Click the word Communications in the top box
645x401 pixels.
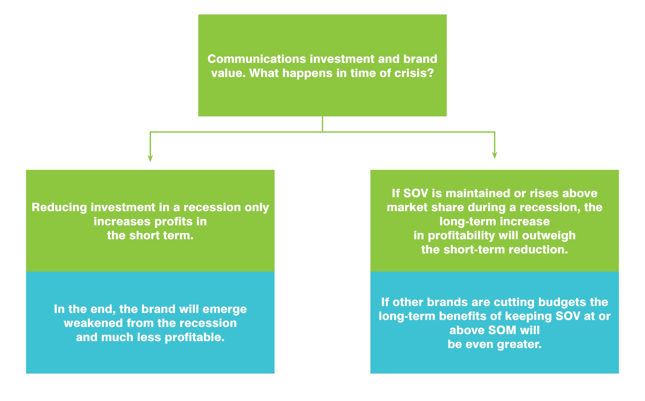[256, 59]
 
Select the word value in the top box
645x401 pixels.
[228, 73]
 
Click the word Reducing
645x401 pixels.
[59, 208]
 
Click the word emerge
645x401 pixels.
[225, 310]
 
